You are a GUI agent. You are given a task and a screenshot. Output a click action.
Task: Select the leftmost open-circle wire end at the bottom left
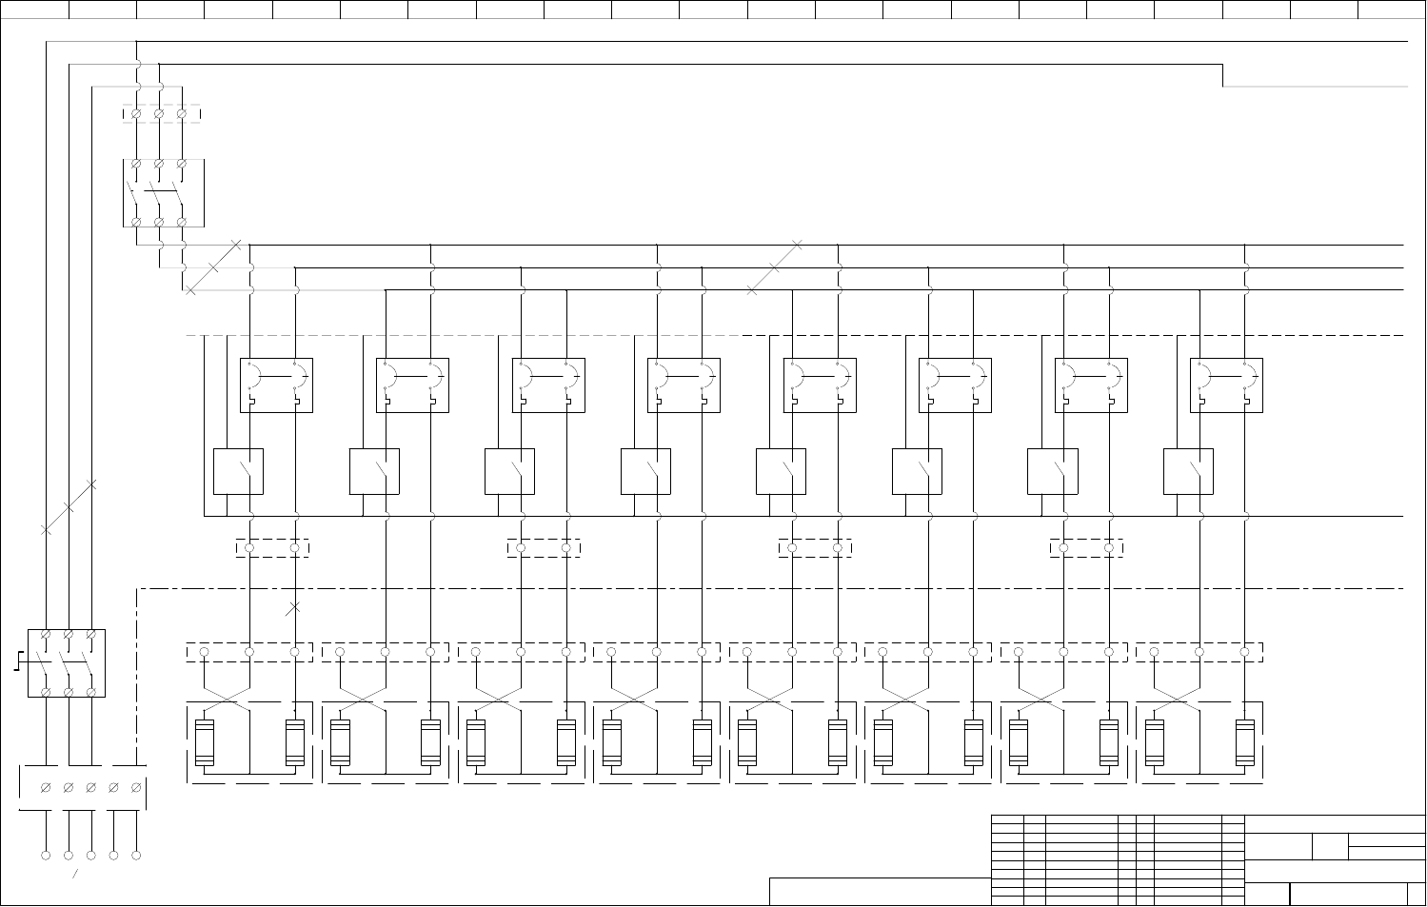(x=46, y=855)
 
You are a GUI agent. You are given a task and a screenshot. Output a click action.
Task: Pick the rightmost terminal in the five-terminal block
(x=136, y=788)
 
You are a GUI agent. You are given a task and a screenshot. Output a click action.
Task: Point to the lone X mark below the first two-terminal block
(x=293, y=607)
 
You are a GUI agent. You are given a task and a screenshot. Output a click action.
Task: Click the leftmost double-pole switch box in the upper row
(x=276, y=385)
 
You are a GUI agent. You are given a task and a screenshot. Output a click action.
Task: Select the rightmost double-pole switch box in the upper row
(x=1226, y=385)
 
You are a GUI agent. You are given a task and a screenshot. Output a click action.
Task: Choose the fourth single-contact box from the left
(x=645, y=472)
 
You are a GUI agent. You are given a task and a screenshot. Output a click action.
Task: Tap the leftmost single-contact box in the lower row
(x=238, y=472)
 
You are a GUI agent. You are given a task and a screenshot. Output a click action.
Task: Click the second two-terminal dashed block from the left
(x=544, y=548)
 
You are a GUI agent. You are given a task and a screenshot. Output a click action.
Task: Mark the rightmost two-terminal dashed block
(x=1086, y=548)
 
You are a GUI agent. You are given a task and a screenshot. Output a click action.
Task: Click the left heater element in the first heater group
(x=204, y=743)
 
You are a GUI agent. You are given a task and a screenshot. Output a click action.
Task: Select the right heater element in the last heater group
(x=1244, y=743)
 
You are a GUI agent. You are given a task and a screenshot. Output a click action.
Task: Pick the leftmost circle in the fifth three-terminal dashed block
(x=747, y=652)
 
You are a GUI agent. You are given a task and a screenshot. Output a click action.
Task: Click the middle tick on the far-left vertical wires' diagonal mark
(x=69, y=507)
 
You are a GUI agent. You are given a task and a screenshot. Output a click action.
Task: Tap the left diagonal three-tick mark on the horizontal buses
(x=212, y=267)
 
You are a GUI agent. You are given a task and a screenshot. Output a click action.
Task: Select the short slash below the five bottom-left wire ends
(x=75, y=873)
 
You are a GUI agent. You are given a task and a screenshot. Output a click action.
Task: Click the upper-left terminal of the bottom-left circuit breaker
(x=46, y=634)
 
